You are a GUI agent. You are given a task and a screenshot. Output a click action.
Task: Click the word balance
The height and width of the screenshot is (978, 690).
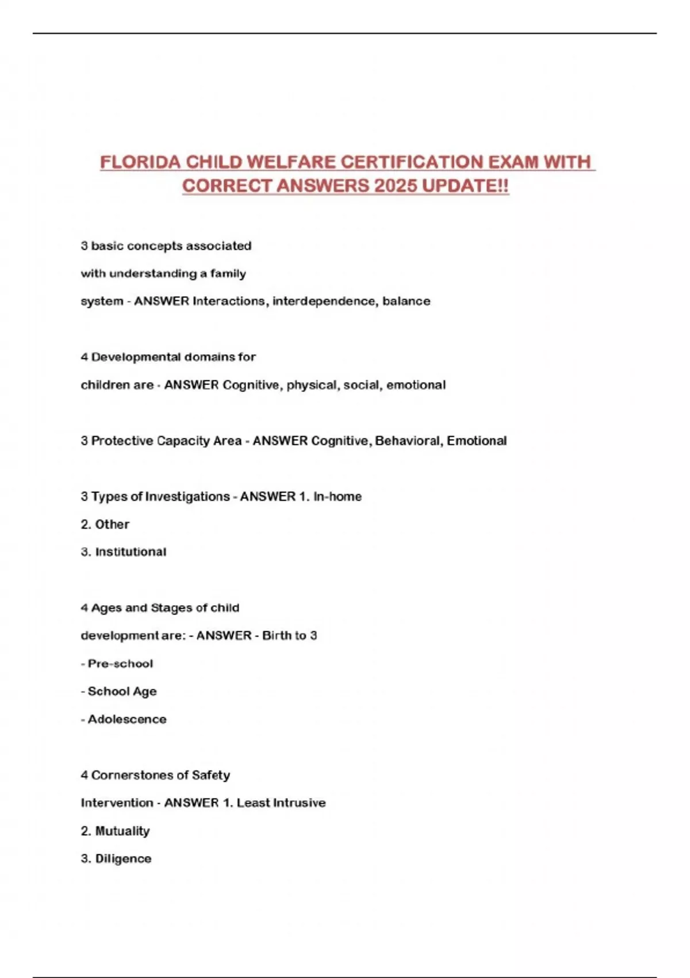407,301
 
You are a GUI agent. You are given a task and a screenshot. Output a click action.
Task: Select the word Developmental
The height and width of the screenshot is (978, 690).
136,357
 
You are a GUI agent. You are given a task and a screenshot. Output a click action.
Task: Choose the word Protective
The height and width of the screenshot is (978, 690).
122,441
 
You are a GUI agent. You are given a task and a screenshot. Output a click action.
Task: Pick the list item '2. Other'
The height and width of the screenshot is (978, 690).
105,524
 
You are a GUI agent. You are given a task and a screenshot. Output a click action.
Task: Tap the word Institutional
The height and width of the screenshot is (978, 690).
131,552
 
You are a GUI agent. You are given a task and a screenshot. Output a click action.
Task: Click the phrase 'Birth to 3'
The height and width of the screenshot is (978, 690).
289,636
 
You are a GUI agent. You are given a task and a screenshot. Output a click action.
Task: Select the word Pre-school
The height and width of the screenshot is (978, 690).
120,663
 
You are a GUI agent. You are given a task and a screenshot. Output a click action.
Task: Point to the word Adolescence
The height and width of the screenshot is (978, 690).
127,719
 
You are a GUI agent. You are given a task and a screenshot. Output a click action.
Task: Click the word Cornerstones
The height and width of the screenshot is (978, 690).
132,775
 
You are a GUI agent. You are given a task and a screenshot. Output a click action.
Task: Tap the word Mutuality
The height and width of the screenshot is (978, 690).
122,831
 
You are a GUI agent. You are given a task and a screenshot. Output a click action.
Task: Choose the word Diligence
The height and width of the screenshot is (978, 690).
123,858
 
